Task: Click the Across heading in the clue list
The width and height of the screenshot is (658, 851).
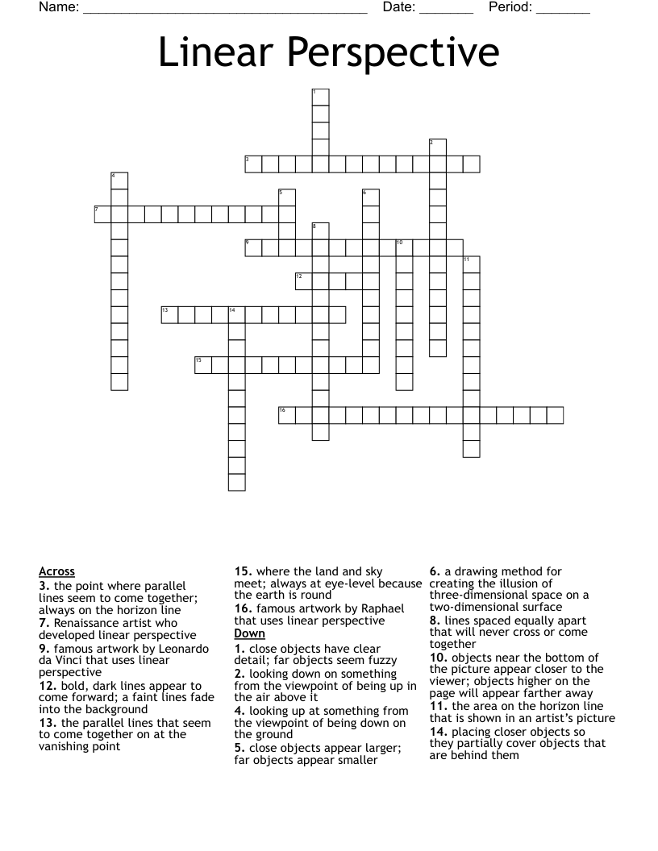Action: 56,571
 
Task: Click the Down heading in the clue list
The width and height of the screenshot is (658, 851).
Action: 250,633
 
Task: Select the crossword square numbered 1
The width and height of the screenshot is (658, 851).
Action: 320,97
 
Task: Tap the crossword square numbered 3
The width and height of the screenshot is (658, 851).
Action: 253,164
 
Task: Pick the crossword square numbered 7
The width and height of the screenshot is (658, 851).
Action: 102,214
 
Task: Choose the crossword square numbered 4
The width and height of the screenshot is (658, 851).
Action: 119,181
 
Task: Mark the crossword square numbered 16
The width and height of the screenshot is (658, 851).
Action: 287,415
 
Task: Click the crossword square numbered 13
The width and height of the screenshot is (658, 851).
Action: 169,314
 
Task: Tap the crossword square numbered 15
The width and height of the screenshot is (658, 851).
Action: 202,365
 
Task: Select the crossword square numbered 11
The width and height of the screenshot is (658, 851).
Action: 472,264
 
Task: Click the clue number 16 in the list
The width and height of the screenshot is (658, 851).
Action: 244,607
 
